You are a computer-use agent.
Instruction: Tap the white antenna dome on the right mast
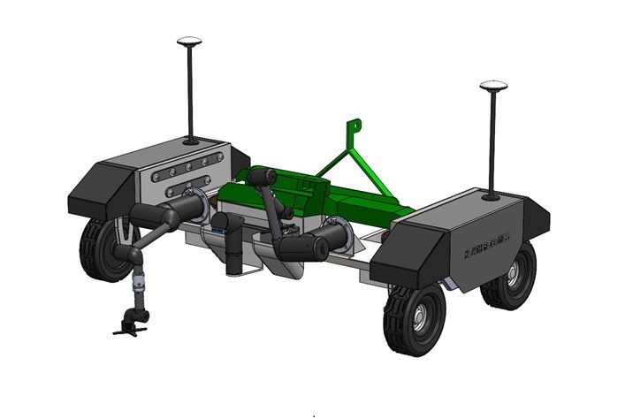492,87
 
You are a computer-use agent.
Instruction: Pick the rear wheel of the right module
510,275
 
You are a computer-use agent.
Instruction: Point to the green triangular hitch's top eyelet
354,125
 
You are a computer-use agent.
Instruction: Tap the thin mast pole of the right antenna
493,141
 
